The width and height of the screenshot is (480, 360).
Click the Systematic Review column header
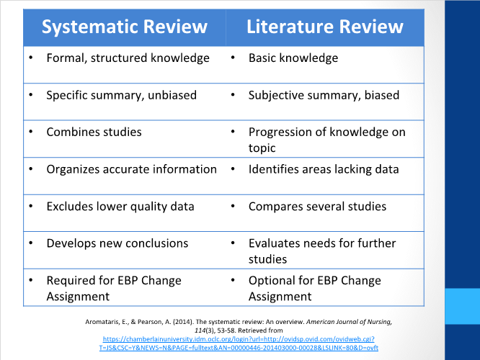click(124, 27)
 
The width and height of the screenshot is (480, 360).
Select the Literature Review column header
click(324, 27)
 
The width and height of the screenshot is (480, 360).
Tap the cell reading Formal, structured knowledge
click(128, 58)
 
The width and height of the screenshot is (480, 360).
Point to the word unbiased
click(172, 95)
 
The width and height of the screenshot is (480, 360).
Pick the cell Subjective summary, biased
click(324, 95)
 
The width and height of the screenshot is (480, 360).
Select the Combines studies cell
click(94, 132)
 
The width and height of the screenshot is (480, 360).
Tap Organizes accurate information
click(131, 169)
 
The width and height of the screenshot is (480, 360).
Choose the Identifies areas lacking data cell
click(324, 169)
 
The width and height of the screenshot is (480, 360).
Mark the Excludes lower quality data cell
click(120, 207)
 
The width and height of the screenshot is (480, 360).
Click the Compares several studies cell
click(317, 207)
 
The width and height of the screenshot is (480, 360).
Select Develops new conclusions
click(117, 243)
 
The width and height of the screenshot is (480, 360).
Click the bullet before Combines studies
click(31, 132)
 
